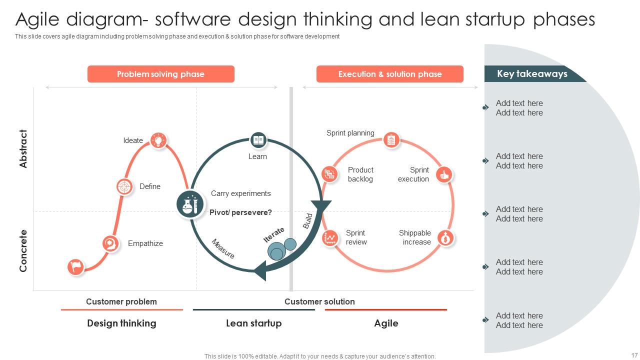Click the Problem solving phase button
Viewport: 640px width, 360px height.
tap(160, 74)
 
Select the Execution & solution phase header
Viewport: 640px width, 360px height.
tap(389, 74)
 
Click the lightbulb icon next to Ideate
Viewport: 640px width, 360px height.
tap(159, 140)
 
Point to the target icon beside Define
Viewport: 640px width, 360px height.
tap(124, 186)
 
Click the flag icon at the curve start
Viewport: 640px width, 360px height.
tap(76, 266)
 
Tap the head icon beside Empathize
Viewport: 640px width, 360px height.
tap(110, 243)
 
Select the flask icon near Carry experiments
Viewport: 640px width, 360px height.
tap(190, 204)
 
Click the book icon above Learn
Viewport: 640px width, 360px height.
tap(258, 140)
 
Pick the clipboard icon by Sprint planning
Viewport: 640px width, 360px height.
tap(391, 139)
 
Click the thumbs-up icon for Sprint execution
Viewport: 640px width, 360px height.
tap(443, 174)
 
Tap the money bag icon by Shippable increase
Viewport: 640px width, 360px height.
tap(445, 237)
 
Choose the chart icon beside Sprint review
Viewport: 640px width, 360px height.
tap(330, 237)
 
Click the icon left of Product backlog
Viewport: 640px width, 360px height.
tap(329, 174)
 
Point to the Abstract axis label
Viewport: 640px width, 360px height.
tap(23, 148)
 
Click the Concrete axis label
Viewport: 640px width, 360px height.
tap(23, 250)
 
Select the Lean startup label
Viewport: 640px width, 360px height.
tap(253, 323)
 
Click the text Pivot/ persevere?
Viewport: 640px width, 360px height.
tap(240, 212)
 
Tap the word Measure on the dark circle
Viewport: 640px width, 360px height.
tap(223, 248)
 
